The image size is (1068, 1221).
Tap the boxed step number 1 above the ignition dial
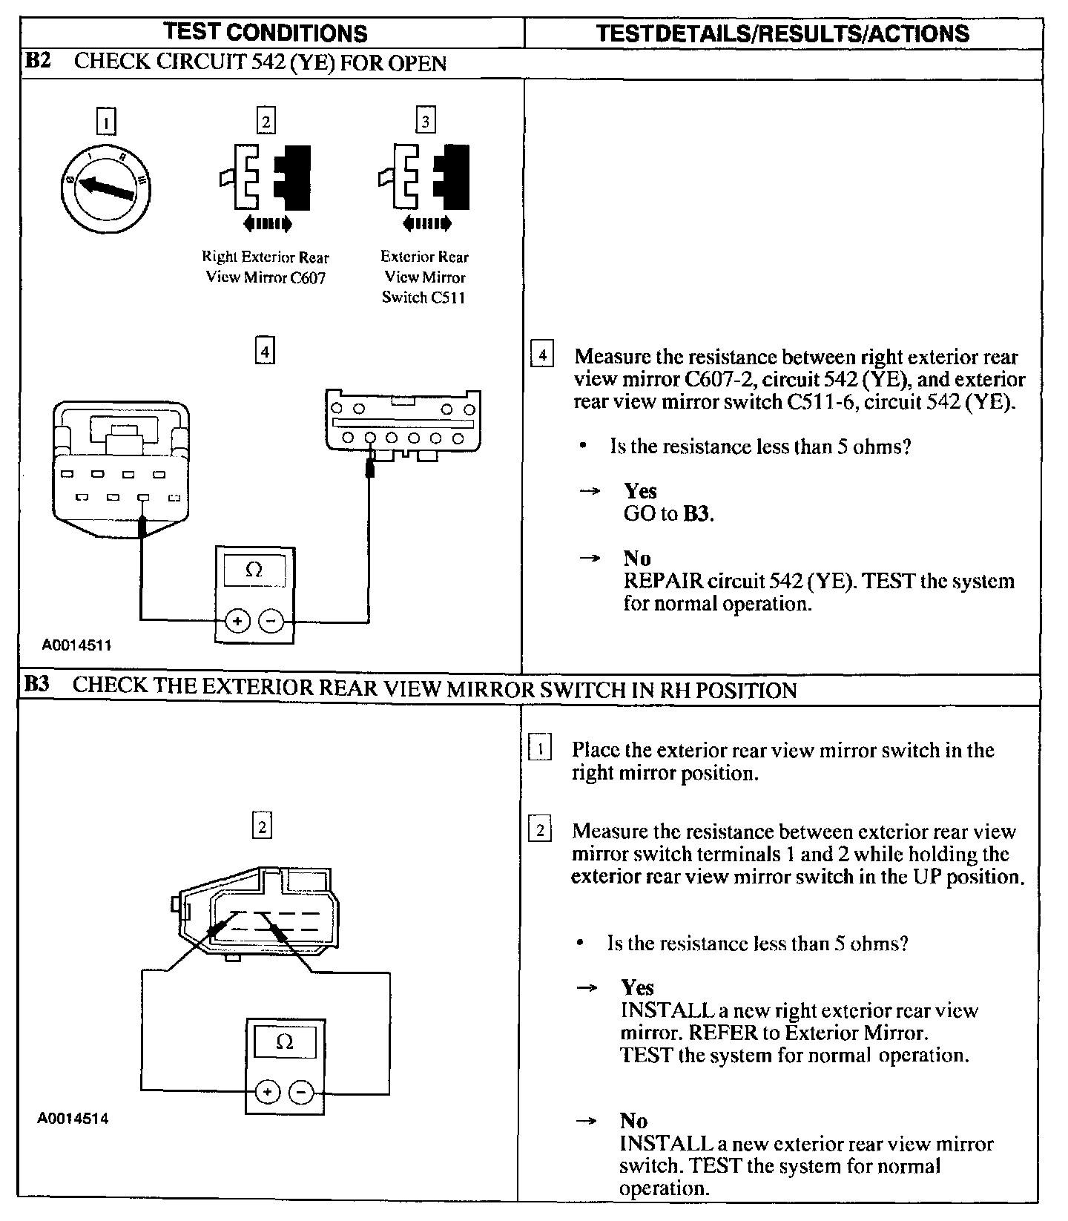click(x=106, y=121)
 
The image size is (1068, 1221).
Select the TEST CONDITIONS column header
click(x=266, y=33)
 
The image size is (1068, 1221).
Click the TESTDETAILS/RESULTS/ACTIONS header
click(x=782, y=33)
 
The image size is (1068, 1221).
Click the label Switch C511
click(x=423, y=297)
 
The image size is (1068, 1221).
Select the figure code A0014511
click(x=76, y=645)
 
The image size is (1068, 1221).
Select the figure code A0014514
click(x=73, y=1118)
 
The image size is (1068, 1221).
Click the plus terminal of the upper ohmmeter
click(x=238, y=621)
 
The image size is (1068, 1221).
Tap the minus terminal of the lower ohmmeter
click(x=301, y=1091)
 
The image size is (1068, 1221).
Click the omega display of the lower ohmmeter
click(x=284, y=1042)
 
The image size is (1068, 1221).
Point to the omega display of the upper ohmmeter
click(x=253, y=570)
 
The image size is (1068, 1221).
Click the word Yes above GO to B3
click(x=640, y=491)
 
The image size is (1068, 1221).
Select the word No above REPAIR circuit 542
click(x=636, y=559)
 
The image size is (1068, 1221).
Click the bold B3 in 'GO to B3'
click(x=696, y=514)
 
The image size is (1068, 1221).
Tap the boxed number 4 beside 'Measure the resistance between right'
click(x=543, y=356)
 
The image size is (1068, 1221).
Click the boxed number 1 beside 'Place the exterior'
click(x=540, y=749)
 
